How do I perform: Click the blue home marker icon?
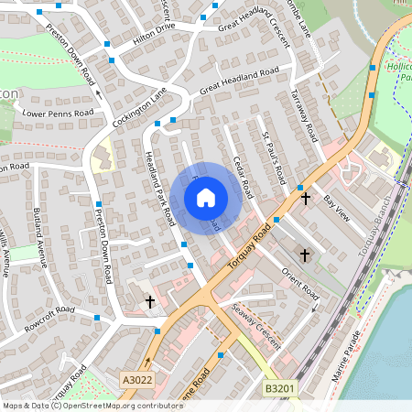205,197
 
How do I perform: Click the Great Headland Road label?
239,81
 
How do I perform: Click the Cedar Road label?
243,174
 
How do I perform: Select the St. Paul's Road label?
276,155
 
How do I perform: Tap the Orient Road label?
299,283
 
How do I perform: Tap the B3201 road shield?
279,389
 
